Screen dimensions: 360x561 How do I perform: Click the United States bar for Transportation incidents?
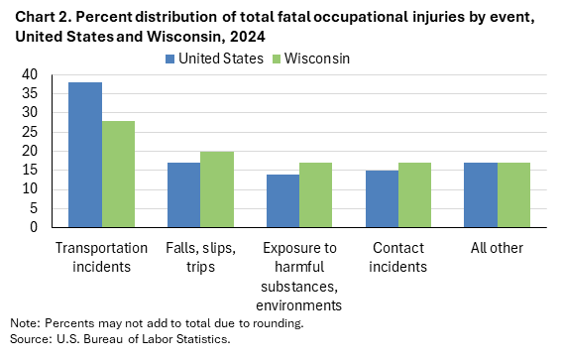(x=84, y=155)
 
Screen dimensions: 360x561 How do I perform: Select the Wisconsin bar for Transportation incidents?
(x=118, y=175)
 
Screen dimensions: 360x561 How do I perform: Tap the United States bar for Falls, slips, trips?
(x=183, y=195)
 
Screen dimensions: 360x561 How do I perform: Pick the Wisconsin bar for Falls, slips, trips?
(x=217, y=189)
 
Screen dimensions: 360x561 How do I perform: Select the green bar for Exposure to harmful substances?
(x=316, y=195)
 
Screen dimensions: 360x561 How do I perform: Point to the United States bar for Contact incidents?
(x=382, y=199)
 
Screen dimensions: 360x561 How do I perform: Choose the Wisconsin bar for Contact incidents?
(x=415, y=195)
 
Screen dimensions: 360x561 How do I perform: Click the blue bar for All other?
(x=481, y=195)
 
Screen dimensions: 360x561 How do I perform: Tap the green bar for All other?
(x=514, y=195)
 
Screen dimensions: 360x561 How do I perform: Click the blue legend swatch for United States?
(x=170, y=59)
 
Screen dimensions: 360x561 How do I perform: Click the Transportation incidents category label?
(x=101, y=256)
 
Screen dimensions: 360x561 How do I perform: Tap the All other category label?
(x=498, y=248)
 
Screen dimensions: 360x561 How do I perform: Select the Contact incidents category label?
(x=398, y=256)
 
